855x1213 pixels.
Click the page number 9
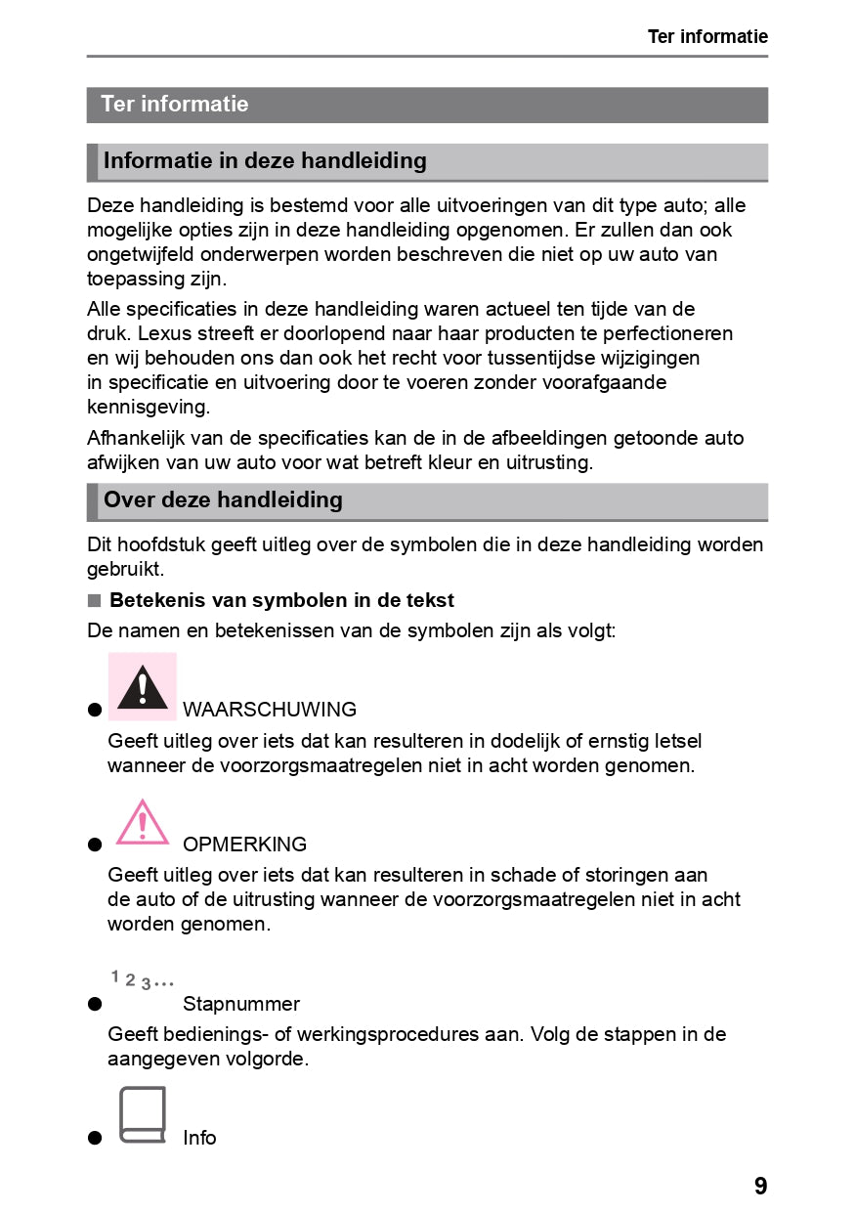click(760, 1187)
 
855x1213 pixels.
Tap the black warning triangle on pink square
click(143, 687)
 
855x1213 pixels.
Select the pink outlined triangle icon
click(143, 822)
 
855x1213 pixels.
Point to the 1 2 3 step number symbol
click(143, 979)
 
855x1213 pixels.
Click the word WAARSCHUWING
click(270, 710)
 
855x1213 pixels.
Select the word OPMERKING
click(244, 845)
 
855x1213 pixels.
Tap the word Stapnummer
click(241, 1004)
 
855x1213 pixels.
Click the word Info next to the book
click(199, 1138)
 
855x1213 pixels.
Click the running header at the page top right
click(707, 37)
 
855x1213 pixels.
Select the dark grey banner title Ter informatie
click(175, 105)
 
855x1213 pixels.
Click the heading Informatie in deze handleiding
click(265, 161)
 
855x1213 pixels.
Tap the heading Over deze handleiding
click(223, 500)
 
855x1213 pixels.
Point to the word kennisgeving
click(148, 406)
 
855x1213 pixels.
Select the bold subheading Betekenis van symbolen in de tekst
click(281, 600)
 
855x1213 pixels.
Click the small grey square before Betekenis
click(94, 600)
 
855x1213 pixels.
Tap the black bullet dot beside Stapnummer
click(95, 1005)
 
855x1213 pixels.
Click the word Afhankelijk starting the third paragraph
click(137, 438)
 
